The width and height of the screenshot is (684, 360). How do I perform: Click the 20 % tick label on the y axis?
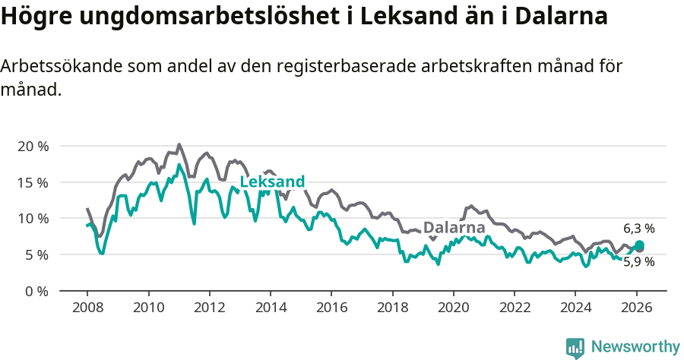(33, 146)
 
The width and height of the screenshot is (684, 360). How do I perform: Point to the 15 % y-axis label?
(33, 182)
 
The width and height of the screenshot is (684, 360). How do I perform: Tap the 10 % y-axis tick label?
(33, 218)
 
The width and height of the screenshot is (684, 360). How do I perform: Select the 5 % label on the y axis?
(36, 254)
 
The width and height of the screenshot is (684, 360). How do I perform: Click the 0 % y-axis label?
(36, 291)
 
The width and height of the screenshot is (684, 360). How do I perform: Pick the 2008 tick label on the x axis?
(87, 308)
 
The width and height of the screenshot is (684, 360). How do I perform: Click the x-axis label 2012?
(209, 308)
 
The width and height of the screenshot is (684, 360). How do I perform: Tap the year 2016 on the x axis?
(331, 308)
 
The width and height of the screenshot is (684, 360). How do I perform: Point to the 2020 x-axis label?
(453, 308)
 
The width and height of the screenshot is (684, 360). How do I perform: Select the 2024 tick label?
(575, 308)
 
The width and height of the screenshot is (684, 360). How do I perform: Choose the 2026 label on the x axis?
(635, 308)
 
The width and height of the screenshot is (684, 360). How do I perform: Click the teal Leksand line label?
(272, 182)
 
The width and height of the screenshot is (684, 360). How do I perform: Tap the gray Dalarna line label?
(454, 228)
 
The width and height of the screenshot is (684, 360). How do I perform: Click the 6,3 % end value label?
(639, 228)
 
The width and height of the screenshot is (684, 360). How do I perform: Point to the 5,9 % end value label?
(639, 261)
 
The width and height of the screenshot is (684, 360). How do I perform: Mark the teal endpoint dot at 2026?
(639, 245)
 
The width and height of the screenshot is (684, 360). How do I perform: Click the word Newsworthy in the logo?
(635, 347)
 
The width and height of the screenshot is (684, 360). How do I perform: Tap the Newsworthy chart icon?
(575, 348)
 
